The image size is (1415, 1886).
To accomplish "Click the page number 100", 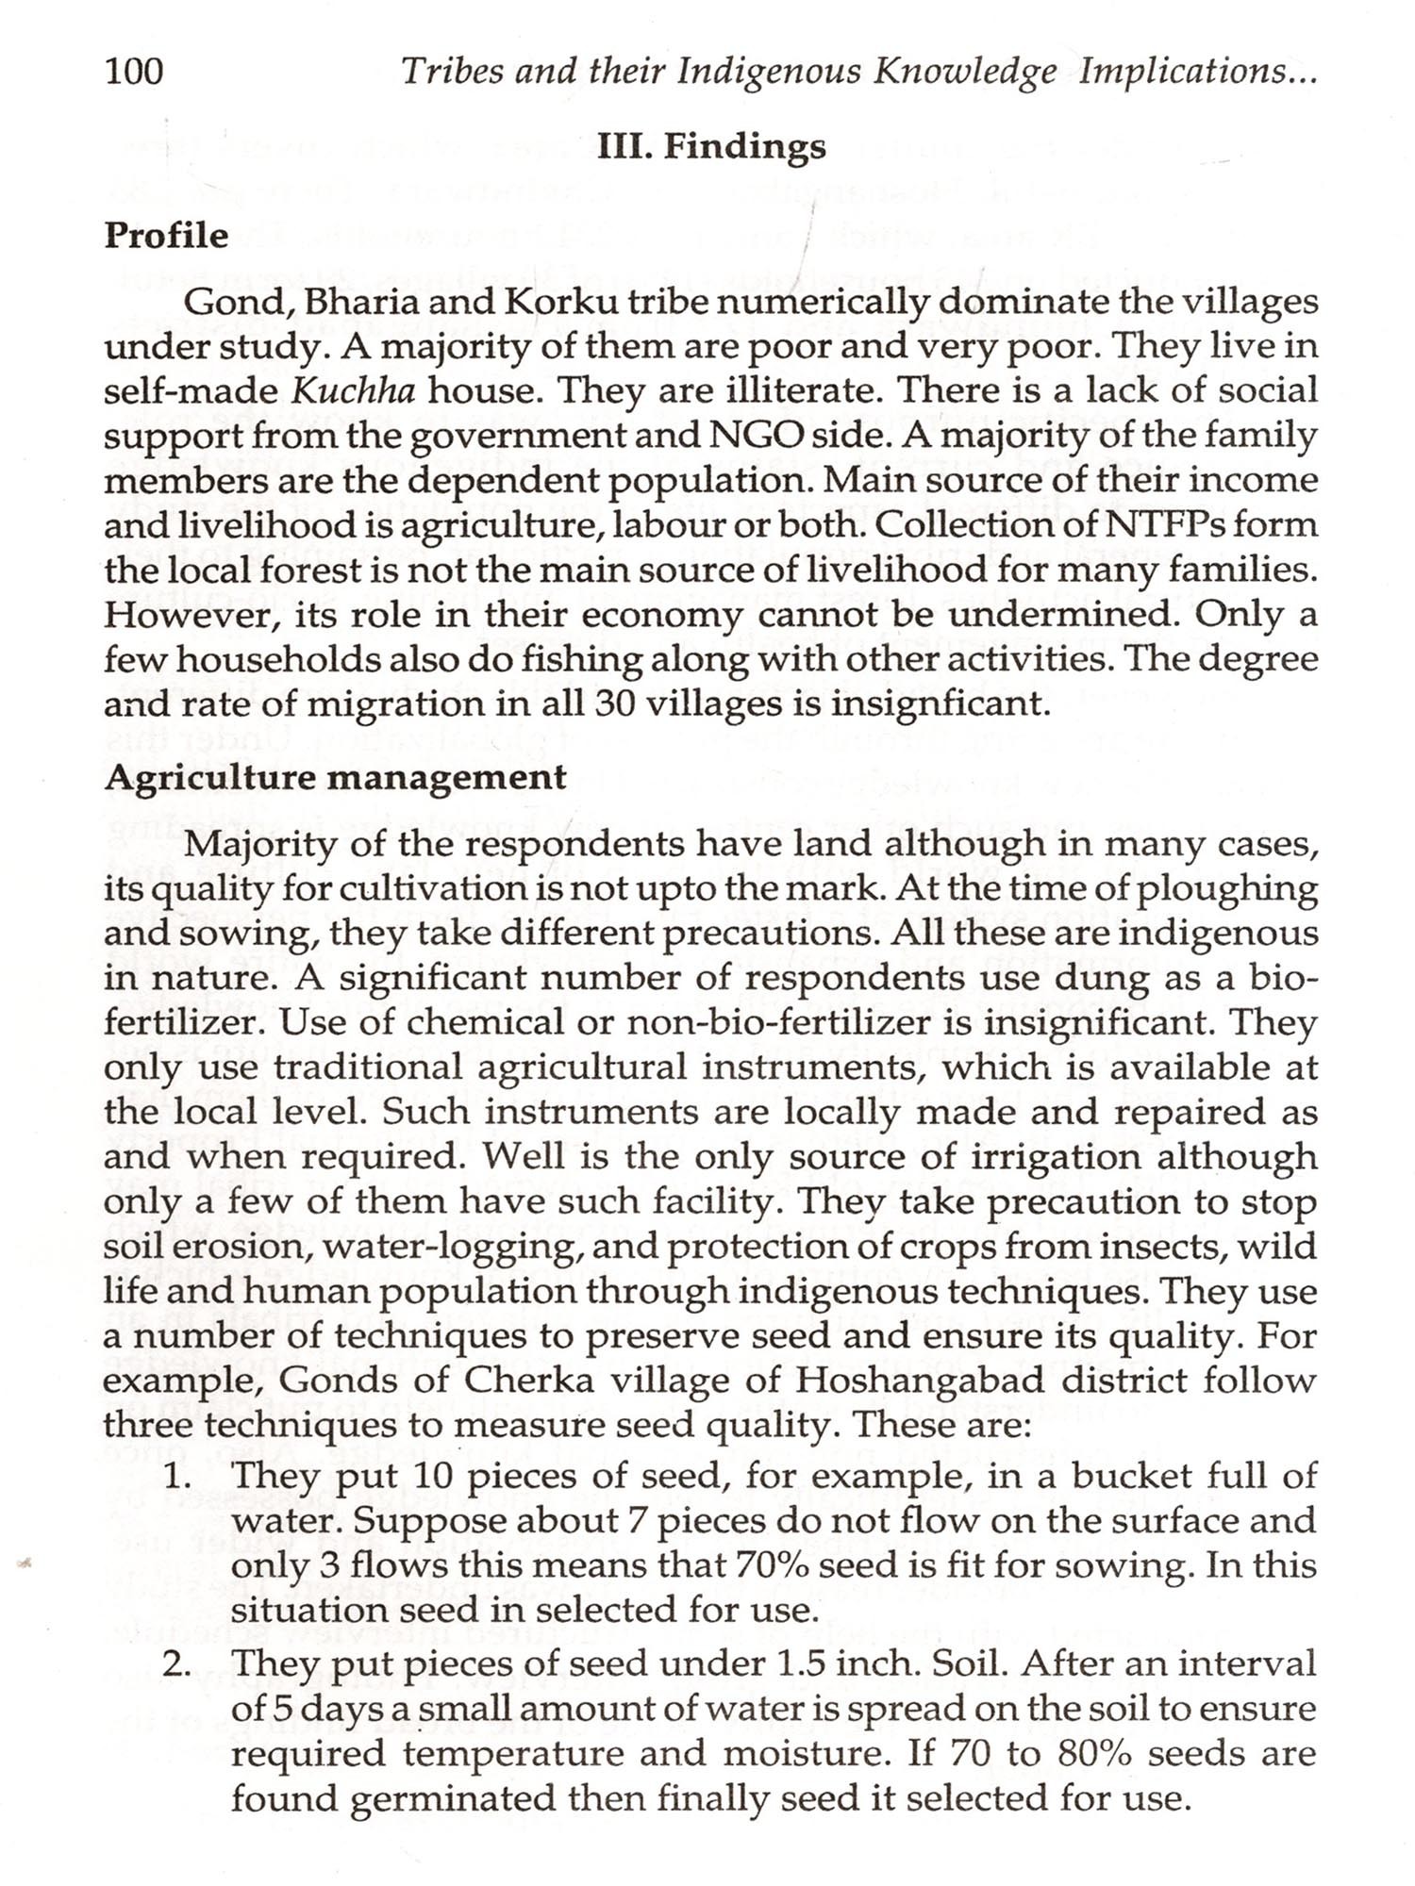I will pyautogui.click(x=134, y=72).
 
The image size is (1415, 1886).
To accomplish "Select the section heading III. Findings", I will pyautogui.click(x=712, y=146).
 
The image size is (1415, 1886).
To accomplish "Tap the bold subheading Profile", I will pyautogui.click(x=166, y=235).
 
